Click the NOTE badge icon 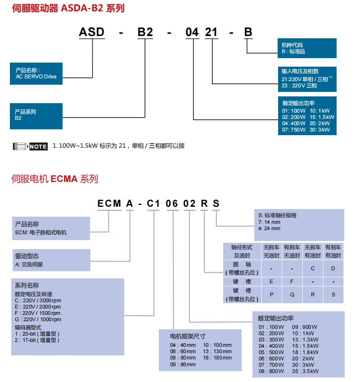tap(31, 146)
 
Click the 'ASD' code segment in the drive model tap(91, 32)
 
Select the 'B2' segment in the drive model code tap(145, 32)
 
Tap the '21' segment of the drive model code tap(211, 32)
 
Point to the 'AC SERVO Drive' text tap(36, 77)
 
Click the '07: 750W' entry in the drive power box tap(293, 130)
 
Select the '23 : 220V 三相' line tap(299, 86)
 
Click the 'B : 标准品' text tap(293, 51)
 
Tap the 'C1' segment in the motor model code tap(153, 204)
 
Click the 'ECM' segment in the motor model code tap(109, 204)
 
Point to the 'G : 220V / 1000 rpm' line tap(38, 319)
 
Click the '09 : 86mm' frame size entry tap(183, 364)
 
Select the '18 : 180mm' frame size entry tap(217, 358)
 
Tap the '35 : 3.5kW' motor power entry tap(305, 371)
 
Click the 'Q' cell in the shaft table tap(292, 295)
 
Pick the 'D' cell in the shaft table tap(333, 268)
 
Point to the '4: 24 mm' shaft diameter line tap(269, 228)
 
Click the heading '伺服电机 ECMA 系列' tap(54, 179)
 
